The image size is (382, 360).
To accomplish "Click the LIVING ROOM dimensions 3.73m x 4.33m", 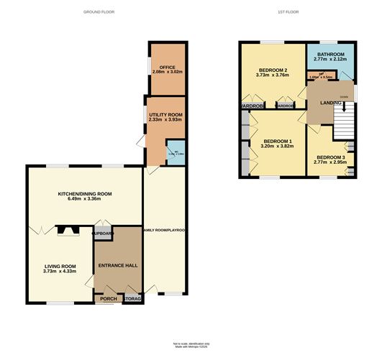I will pos(60,271).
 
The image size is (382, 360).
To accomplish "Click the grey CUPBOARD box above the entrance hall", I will pos(103,234).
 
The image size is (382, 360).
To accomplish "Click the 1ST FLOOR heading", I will pos(288,13).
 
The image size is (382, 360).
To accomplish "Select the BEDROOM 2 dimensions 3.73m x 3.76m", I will pos(273,76).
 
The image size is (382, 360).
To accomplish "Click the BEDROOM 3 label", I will pos(330,157).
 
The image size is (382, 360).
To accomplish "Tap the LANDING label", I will pos(322,101).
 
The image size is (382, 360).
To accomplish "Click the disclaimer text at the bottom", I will pos(190,349).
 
